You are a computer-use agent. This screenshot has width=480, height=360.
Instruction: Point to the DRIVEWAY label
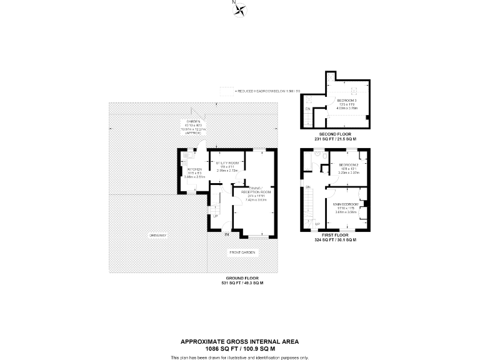coord(157,235)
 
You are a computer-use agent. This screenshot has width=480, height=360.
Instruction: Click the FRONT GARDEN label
coord(242,252)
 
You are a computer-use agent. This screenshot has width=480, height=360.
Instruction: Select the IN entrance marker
coord(227,235)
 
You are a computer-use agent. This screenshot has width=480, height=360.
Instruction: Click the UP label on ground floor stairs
coord(215,216)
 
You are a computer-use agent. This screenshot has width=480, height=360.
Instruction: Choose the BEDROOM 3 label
coord(346,101)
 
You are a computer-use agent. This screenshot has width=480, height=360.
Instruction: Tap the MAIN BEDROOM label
coord(345,204)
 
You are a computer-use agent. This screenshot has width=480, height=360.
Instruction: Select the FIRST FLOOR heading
coord(336,236)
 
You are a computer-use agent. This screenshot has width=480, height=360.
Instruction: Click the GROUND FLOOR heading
coord(242,278)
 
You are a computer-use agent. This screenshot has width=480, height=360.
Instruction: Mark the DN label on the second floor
coord(307,109)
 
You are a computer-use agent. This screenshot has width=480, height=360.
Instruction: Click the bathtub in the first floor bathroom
coord(307,161)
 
